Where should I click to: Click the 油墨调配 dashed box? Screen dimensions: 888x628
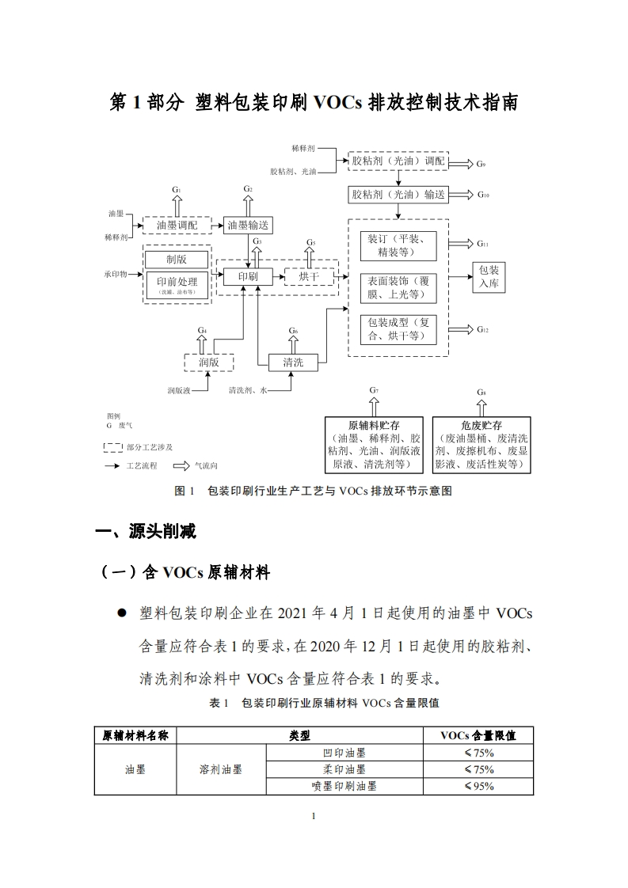(177, 226)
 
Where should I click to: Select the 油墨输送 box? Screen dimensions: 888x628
(248, 226)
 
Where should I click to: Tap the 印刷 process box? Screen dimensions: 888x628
(248, 276)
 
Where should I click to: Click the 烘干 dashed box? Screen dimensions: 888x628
(308, 276)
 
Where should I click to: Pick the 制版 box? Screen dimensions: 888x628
(176, 259)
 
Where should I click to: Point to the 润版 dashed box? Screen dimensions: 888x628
(209, 362)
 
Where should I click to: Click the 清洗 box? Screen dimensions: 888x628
(293, 362)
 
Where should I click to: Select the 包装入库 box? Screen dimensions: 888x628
(489, 276)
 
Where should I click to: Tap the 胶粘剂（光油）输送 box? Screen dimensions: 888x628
(398, 194)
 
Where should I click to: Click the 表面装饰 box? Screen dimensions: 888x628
(398, 288)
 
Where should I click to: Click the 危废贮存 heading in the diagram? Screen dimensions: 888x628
(481, 425)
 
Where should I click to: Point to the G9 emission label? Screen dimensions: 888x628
(481, 164)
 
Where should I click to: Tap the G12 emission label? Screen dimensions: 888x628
(482, 329)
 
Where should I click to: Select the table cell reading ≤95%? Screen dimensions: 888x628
(478, 786)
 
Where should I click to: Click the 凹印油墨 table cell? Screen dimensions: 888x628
(344, 753)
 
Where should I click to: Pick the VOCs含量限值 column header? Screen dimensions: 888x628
(478, 735)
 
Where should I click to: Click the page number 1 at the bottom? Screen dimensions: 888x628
(314, 816)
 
